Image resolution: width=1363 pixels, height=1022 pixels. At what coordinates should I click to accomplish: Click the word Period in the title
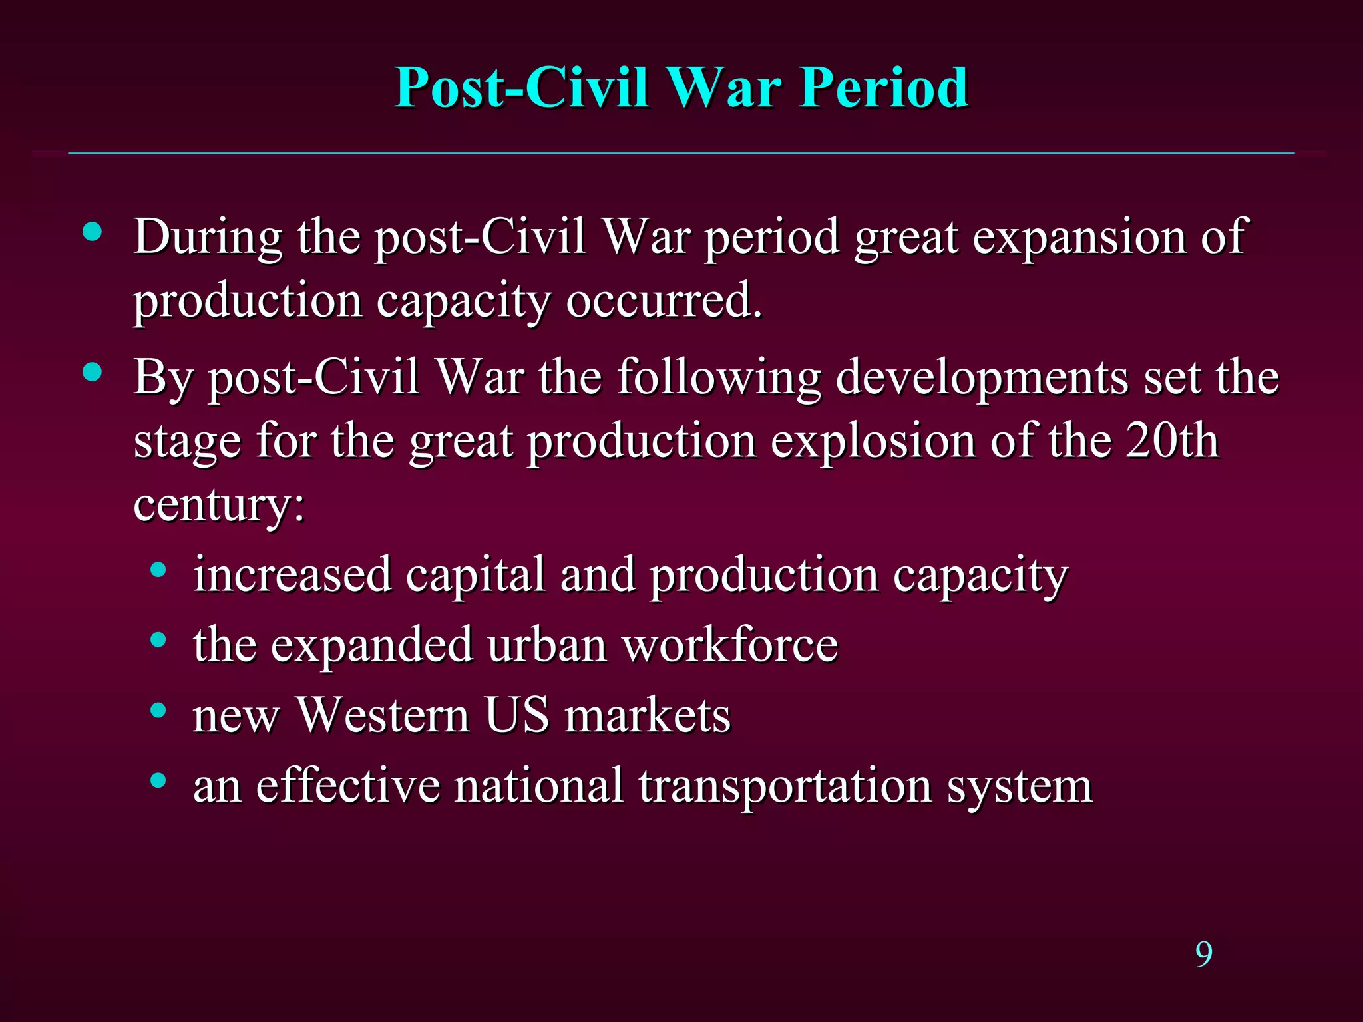point(883,88)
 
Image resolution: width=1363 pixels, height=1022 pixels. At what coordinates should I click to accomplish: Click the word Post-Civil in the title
point(521,88)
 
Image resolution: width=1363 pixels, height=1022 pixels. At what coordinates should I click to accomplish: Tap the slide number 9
point(1203,955)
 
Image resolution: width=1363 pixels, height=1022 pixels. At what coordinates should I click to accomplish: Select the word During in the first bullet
point(208,238)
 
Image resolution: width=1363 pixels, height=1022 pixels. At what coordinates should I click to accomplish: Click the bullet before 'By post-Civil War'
point(93,372)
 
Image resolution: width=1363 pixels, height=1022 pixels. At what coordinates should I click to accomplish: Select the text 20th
point(1172,441)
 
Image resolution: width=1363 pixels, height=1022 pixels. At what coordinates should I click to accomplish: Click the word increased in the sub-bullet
point(292,575)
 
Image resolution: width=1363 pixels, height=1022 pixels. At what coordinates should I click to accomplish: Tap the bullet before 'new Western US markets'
point(158,711)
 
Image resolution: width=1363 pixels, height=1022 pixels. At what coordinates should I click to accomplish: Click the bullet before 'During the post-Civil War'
point(93,232)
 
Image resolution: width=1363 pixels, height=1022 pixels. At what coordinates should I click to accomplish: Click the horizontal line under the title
point(681,154)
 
